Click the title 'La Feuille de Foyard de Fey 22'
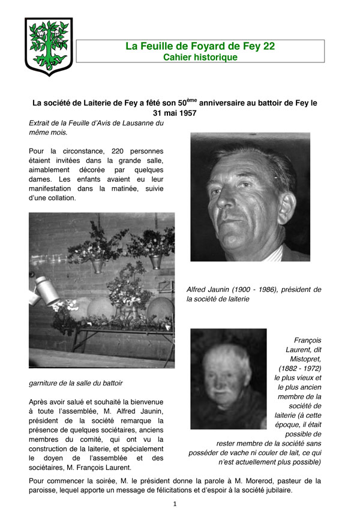tap(200, 46)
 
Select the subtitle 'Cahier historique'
tap(200, 57)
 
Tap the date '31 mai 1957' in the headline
tap(175, 113)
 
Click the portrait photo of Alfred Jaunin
tap(250, 197)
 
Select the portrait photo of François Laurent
tap(228, 378)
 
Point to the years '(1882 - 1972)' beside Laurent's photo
tap(299, 368)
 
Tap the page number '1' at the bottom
tap(175, 504)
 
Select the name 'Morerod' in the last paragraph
tap(236, 481)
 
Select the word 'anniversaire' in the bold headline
tap(233, 103)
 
